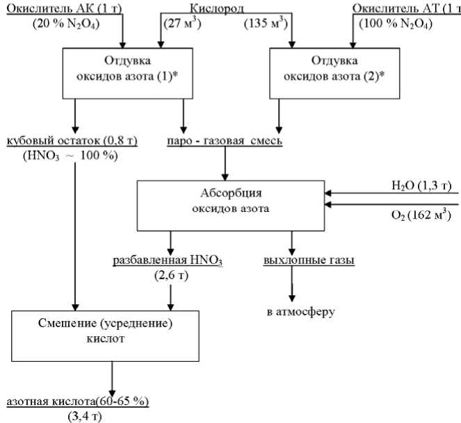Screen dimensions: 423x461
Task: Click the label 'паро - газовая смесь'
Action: point(225,142)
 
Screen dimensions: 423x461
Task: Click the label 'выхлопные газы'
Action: point(309,261)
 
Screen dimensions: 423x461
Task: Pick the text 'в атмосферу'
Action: point(300,311)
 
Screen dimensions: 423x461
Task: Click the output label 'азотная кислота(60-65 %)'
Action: point(77,401)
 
